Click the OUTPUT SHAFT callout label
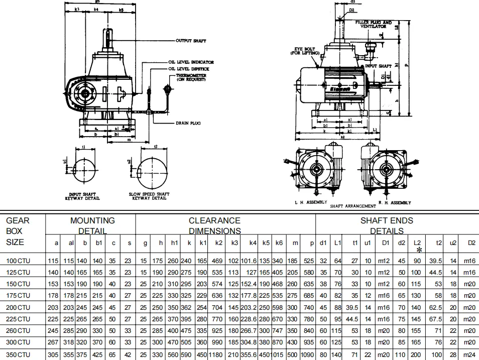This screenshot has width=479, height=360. (190, 40)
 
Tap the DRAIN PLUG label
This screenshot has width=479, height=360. (188, 123)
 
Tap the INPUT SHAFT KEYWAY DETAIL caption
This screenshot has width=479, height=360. (84, 196)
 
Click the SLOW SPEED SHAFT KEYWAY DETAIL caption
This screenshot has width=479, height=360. (149, 196)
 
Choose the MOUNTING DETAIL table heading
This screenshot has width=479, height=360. (92, 225)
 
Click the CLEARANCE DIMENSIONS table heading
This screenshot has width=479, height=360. (214, 225)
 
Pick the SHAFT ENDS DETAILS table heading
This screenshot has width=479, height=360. (387, 225)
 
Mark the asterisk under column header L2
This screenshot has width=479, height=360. (419, 250)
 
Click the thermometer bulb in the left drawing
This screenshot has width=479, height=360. (167, 89)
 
